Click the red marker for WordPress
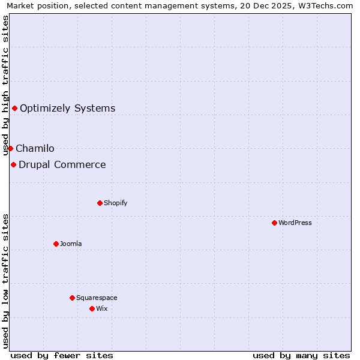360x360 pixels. click(x=274, y=223)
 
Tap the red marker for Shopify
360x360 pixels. click(x=100, y=203)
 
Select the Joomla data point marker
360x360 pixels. click(x=56, y=244)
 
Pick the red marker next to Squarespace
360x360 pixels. click(x=72, y=298)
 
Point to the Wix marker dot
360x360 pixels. click(x=92, y=308)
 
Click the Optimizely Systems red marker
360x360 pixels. click(x=14, y=108)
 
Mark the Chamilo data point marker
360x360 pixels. click(x=10, y=148)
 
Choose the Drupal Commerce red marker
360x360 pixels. click(x=13, y=164)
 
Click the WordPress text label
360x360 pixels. click(x=295, y=223)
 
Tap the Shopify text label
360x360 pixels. click(x=116, y=203)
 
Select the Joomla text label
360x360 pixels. click(x=71, y=244)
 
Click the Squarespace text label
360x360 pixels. click(x=97, y=298)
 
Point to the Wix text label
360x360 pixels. click(x=102, y=308)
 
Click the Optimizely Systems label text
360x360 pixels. click(x=68, y=109)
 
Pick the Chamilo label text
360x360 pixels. click(x=35, y=149)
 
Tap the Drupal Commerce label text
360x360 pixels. click(x=62, y=165)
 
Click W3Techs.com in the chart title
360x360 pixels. click(x=325, y=6)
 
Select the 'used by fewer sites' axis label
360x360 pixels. click(x=62, y=356)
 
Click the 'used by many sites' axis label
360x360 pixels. click(x=301, y=356)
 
